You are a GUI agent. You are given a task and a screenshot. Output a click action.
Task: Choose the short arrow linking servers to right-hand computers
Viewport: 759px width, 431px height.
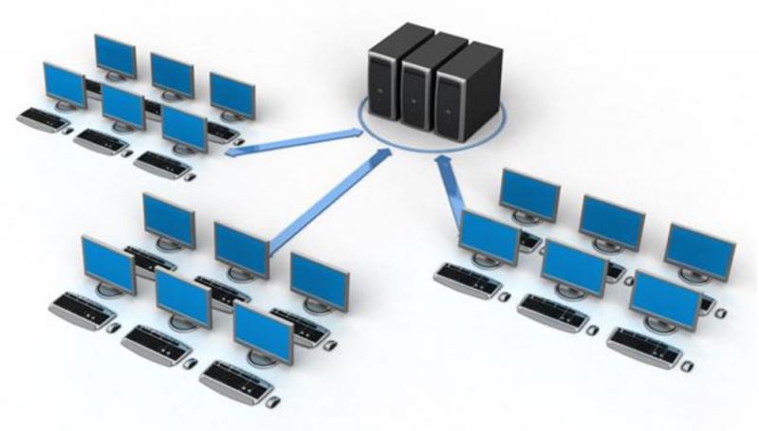coord(448,185)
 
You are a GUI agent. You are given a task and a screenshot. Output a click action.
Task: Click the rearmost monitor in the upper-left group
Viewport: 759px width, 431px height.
coord(115,54)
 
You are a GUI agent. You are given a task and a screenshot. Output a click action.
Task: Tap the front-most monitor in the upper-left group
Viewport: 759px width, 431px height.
coord(184,127)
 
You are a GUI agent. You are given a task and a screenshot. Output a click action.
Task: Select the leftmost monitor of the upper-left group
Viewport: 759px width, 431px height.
coord(65,84)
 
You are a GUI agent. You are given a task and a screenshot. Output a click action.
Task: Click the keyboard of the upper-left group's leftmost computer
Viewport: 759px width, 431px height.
coord(43,120)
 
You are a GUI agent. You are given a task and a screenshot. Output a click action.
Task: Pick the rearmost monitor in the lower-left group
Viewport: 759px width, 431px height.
coord(169,218)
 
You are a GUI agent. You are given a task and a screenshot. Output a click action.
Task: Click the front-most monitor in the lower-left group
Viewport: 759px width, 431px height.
coord(262,332)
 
